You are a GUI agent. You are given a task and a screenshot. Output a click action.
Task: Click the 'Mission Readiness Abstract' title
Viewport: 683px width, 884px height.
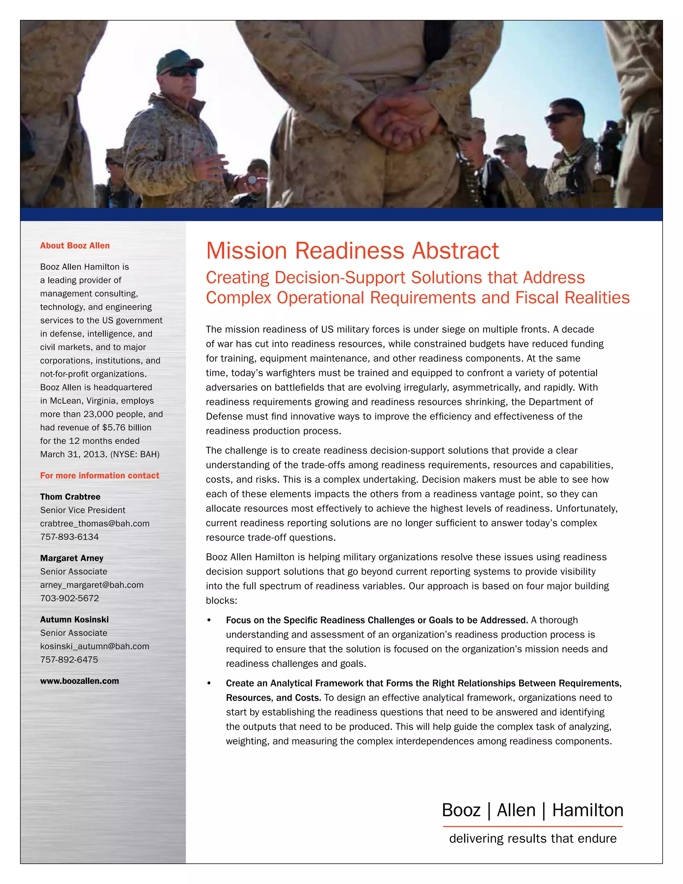352,251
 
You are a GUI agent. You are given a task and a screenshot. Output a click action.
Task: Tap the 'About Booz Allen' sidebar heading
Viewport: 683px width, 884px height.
75,246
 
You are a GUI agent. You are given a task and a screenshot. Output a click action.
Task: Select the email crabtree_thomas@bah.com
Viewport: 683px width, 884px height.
95,523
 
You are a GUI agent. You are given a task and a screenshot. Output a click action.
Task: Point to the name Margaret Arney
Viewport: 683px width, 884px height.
72,558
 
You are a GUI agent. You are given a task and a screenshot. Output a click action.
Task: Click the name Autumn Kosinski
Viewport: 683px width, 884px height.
74,620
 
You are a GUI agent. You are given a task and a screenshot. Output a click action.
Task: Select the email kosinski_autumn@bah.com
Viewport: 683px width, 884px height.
95,646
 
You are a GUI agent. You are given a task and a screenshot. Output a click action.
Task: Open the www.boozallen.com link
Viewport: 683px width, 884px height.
79,681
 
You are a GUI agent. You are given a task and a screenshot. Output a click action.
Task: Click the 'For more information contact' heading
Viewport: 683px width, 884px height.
99,476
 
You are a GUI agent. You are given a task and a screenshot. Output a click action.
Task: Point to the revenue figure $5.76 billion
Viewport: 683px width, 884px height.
127,428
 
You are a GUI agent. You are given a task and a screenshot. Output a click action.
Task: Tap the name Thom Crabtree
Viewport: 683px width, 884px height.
70,497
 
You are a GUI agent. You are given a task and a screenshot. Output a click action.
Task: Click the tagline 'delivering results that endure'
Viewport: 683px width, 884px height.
533,838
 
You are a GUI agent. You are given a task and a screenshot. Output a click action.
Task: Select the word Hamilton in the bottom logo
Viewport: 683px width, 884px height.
588,810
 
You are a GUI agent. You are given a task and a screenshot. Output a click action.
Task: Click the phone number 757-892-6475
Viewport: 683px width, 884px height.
69,660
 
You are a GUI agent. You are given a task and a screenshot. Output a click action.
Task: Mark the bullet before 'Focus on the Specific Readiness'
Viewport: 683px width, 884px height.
209,620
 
